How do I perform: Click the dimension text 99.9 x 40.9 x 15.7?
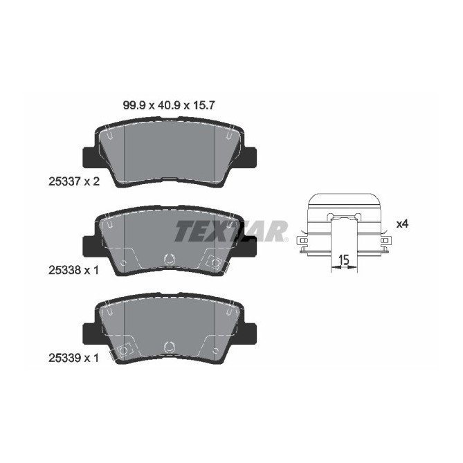pyautogui.click(x=170, y=107)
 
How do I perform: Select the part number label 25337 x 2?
pyautogui.click(x=70, y=183)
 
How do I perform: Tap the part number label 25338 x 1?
pyautogui.click(x=70, y=271)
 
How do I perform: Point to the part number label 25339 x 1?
pyautogui.click(x=70, y=358)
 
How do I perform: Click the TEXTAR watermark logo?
pyautogui.click(x=230, y=230)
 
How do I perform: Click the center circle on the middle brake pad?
pyautogui.click(x=169, y=261)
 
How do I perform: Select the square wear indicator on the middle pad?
pyautogui.click(x=213, y=264)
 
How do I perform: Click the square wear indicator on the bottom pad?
pyautogui.click(x=125, y=351)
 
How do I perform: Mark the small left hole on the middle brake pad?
pyautogui.click(x=123, y=264)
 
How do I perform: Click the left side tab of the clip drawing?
pyautogui.click(x=301, y=244)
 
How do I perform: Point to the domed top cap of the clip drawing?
pyautogui.click(x=343, y=199)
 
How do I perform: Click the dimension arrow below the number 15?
pyautogui.click(x=342, y=270)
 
